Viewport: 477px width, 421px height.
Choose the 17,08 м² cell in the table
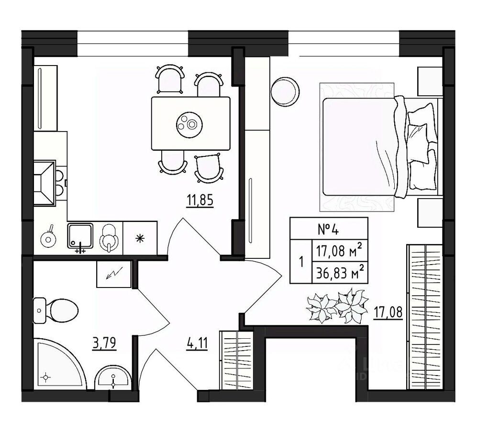340,251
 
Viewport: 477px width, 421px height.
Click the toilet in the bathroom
56,310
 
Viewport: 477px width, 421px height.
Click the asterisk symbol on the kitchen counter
140,238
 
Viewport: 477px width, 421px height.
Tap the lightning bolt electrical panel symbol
114,275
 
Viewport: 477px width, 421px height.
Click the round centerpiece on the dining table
188,123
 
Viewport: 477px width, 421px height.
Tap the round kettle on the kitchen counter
48,238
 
